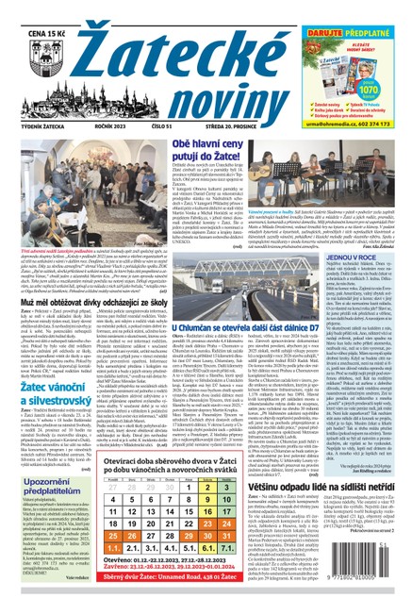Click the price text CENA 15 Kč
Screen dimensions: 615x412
click(x=41, y=12)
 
